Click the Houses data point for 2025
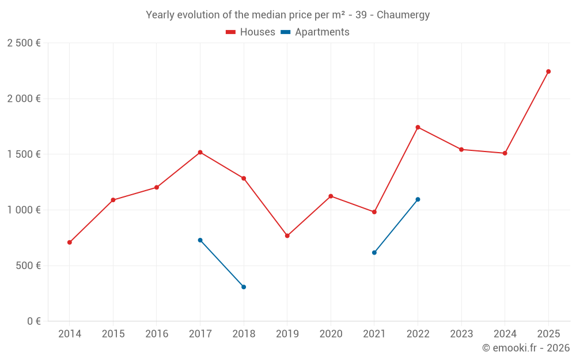(548, 71)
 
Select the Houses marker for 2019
(287, 236)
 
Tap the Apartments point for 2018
(244, 287)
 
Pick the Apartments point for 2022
(418, 199)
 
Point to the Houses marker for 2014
(70, 242)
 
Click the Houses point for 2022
(418, 127)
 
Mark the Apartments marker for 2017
(200, 240)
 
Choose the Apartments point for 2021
(374, 252)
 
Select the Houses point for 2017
(200, 152)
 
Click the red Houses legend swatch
(230, 32)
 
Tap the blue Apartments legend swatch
(285, 32)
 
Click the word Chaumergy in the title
(403, 15)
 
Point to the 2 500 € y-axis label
(24, 43)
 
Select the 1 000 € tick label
(24, 210)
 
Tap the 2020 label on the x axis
(331, 334)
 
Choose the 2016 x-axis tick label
(157, 334)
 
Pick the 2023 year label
(461, 334)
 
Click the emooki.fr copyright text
(526, 348)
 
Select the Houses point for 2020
(331, 196)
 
